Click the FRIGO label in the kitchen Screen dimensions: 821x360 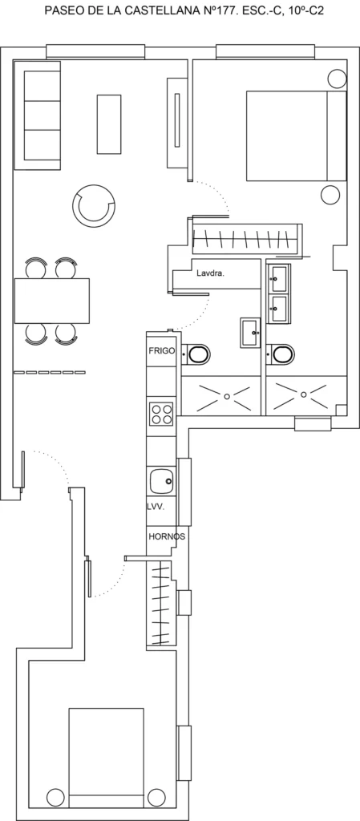pyautogui.click(x=160, y=351)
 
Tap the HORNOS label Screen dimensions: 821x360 pyautogui.click(x=167, y=536)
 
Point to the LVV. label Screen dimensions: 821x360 pyautogui.click(x=156, y=507)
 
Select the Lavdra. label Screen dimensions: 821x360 pyautogui.click(x=210, y=273)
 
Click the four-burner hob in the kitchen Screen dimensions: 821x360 pyautogui.click(x=161, y=414)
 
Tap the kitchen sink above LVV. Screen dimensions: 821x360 pyautogui.click(x=161, y=481)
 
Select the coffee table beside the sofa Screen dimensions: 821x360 pyautogui.click(x=108, y=123)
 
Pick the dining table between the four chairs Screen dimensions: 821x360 pyautogui.click(x=52, y=301)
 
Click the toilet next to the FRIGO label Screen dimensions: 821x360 pyautogui.click(x=196, y=354)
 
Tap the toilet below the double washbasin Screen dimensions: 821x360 pyautogui.click(x=281, y=354)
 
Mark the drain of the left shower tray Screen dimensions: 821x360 pyautogui.click(x=227, y=396)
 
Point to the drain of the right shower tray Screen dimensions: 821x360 pyautogui.click(x=303, y=394)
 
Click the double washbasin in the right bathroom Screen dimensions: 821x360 pyautogui.click(x=279, y=293)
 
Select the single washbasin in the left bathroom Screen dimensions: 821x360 pyautogui.click(x=250, y=332)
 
